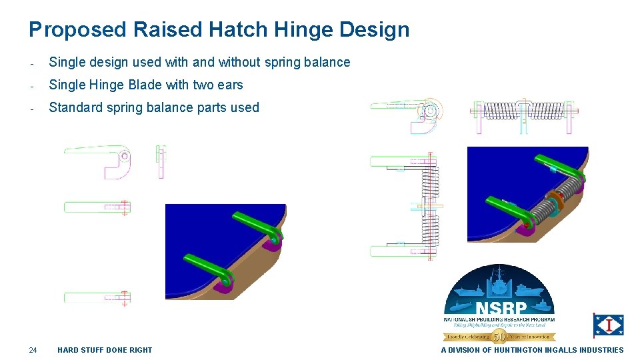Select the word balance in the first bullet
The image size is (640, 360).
click(x=326, y=62)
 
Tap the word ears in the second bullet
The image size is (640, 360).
click(x=229, y=85)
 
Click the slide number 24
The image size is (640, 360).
click(x=33, y=350)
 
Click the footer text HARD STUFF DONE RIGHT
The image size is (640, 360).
click(x=105, y=350)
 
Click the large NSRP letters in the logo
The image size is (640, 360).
click(x=501, y=309)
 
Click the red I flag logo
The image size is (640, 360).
click(x=608, y=325)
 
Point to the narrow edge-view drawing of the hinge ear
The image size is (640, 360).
click(x=161, y=162)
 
